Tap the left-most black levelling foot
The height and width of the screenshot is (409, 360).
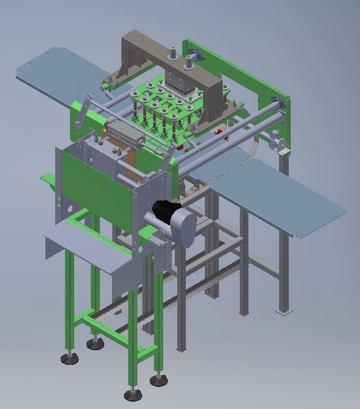[70, 358]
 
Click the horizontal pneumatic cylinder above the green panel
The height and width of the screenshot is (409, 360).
[125, 134]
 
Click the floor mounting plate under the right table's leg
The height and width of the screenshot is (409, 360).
[283, 311]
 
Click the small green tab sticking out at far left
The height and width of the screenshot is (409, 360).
[46, 178]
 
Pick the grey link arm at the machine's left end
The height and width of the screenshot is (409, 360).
[80, 112]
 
